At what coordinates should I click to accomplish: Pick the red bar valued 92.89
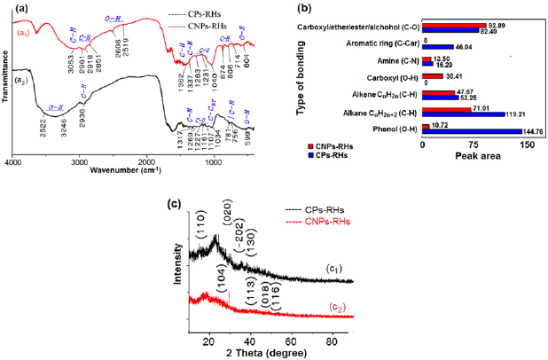tap(456, 26)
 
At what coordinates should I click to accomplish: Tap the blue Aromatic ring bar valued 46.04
tap(438, 46)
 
